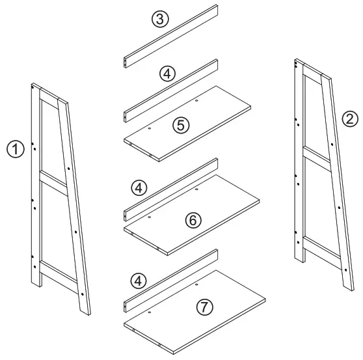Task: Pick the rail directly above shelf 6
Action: point(170,190)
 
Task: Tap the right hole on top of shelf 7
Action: point(197,284)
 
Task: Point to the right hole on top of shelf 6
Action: point(196,190)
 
